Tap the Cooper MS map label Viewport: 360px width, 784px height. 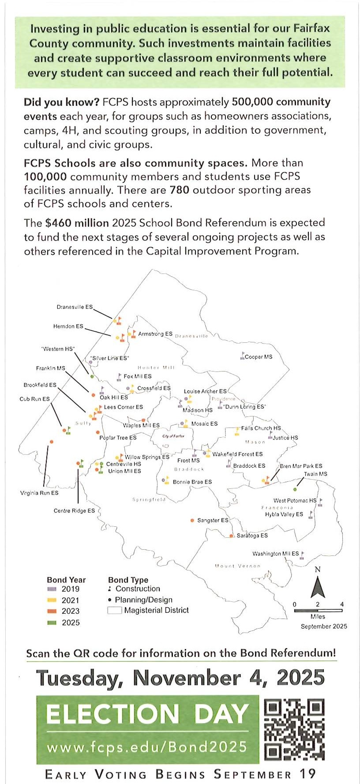(x=259, y=357)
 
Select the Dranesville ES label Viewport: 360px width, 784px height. (x=75, y=307)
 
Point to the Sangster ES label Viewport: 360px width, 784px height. (x=213, y=521)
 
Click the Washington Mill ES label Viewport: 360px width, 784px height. (x=275, y=553)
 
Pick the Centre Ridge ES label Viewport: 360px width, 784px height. (x=74, y=511)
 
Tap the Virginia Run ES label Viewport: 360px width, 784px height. (x=39, y=493)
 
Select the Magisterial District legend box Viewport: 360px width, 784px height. (x=115, y=611)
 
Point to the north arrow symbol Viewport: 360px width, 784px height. (x=318, y=587)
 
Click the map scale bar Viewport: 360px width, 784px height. (x=318, y=611)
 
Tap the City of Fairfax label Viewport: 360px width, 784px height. (x=173, y=436)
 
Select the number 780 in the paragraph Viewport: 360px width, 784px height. (x=180, y=190)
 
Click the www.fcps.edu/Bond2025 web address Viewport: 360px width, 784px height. (x=147, y=747)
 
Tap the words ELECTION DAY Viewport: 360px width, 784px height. (x=147, y=714)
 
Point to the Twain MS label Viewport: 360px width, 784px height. (x=315, y=474)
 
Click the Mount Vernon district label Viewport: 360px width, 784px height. (x=237, y=566)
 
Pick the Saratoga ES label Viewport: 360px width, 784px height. (x=252, y=536)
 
